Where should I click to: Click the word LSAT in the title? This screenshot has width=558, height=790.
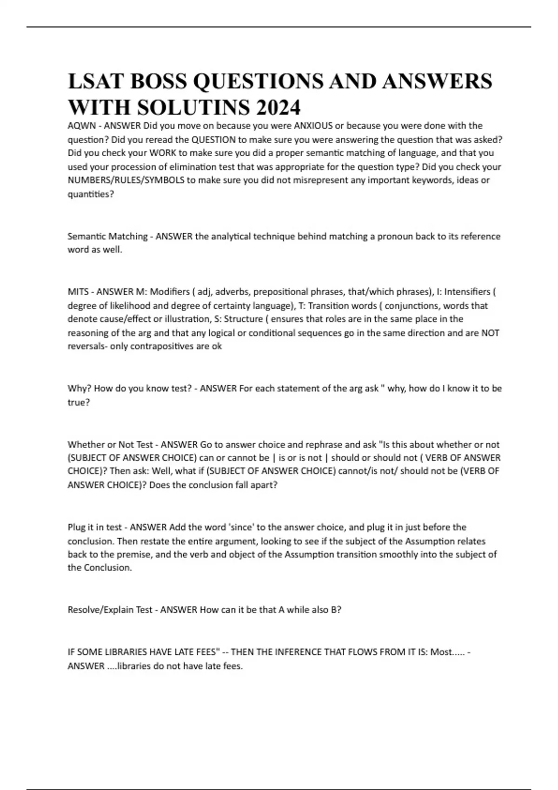[x=95, y=81]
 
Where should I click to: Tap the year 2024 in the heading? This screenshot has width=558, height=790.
[x=278, y=108]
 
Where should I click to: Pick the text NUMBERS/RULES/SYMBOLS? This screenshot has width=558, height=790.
[x=126, y=180]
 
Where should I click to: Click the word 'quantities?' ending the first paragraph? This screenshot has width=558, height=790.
[x=91, y=194]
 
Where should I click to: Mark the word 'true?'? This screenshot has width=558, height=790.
[x=79, y=402]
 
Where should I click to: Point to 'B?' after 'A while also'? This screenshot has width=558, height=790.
[x=336, y=610]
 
